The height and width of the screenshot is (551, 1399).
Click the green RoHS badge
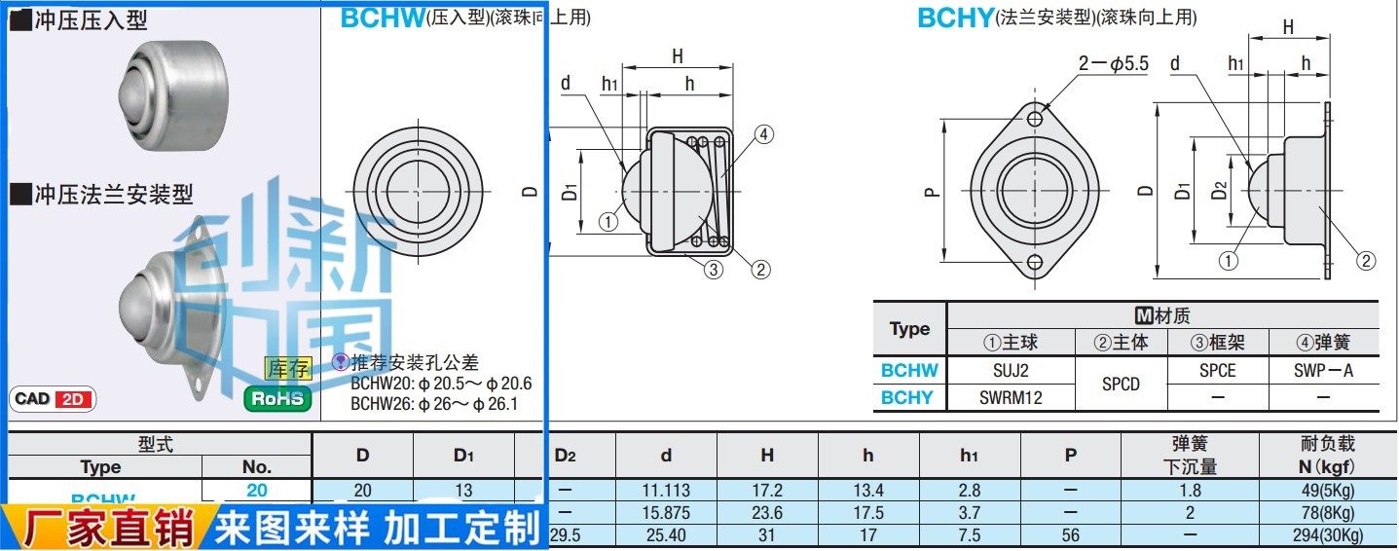[x=277, y=398]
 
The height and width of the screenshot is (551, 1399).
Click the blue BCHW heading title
[x=383, y=18]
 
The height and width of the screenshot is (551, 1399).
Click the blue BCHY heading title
[x=955, y=18]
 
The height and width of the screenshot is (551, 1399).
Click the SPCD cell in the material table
[x=1120, y=384]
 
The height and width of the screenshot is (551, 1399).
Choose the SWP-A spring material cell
[x=1323, y=370]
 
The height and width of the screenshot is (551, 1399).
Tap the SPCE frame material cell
[x=1217, y=370]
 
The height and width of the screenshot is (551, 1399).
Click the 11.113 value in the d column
[x=666, y=491]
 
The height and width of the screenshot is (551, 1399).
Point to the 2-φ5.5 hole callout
[x=1113, y=64]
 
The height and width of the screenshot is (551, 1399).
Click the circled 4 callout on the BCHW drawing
[x=763, y=135]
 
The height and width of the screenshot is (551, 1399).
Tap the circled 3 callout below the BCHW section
[x=714, y=270]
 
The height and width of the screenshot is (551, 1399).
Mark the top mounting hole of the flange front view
[x=1034, y=119]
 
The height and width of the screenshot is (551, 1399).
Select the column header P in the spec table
[x=1070, y=455]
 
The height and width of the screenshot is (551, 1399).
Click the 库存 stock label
[x=287, y=369]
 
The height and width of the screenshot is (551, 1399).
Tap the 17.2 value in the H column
[x=767, y=491]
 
